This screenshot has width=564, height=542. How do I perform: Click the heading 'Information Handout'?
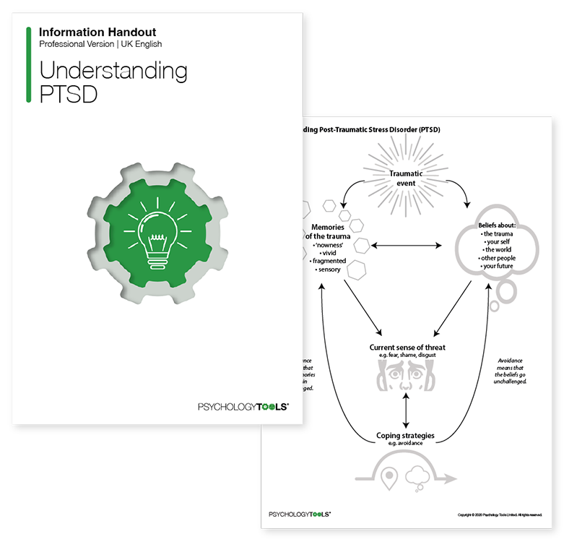click(x=97, y=33)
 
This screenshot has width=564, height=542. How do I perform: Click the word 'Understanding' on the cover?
click(x=113, y=71)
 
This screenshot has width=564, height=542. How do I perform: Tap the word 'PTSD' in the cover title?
click(x=68, y=95)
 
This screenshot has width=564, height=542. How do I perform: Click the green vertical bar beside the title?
click(x=28, y=64)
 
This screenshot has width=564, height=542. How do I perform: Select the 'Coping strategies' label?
click(x=405, y=436)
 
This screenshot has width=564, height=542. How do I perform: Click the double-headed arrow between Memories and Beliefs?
click(x=407, y=246)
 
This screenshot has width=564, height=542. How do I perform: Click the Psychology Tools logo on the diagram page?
click(x=300, y=515)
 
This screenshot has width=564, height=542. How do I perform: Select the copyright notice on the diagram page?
click(x=500, y=515)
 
